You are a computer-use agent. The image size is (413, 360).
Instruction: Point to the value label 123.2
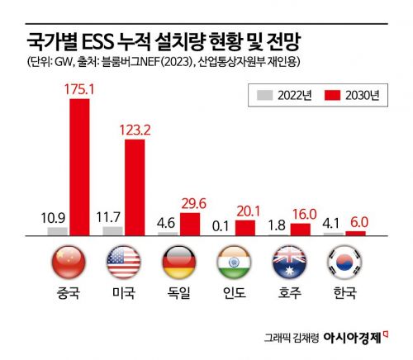pos(136,128)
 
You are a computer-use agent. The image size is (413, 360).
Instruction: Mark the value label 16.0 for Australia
pos(301,213)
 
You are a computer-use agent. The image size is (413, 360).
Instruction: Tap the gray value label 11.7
pos(109,217)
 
